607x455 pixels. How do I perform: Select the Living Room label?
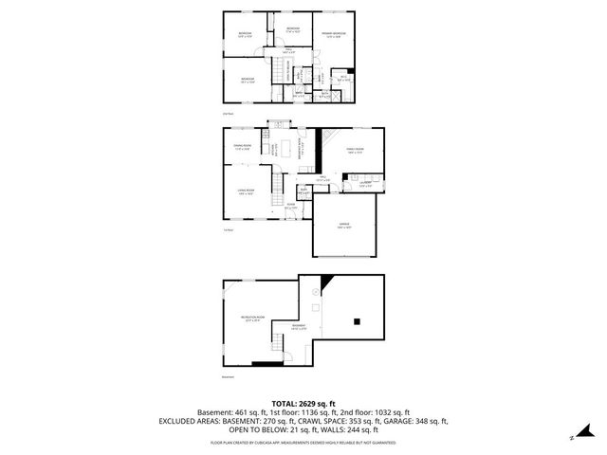[x=246, y=192]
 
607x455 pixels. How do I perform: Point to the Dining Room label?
[x=243, y=147]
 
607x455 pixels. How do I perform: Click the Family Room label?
[x=356, y=150]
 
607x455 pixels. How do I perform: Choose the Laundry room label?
[x=365, y=184]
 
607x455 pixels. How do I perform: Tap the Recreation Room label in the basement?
[x=251, y=318]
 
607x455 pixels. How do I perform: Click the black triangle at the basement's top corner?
[x=325, y=282]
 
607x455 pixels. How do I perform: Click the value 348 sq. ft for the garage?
[x=429, y=421]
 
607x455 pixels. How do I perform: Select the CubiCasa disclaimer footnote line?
[x=303, y=442]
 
